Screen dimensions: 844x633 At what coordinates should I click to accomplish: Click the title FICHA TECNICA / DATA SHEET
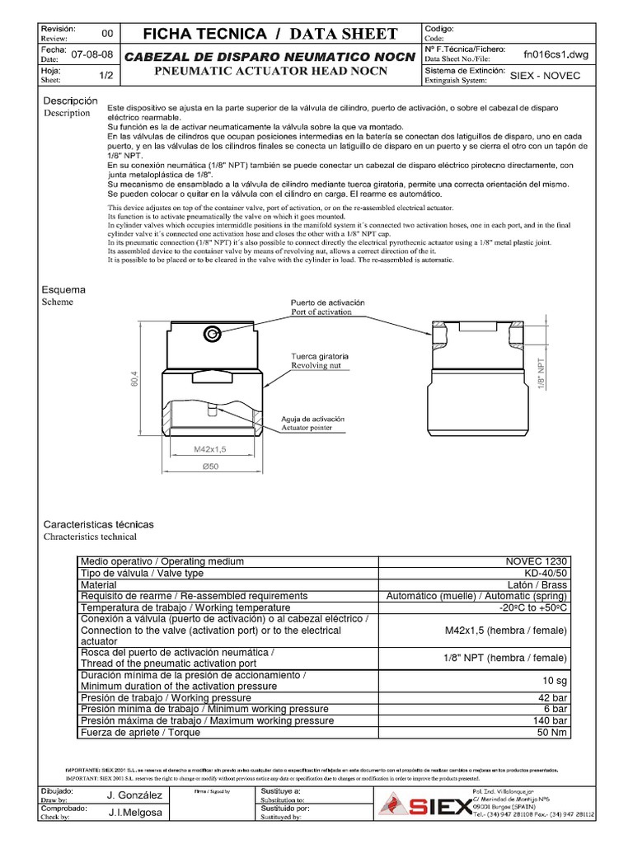[271, 34]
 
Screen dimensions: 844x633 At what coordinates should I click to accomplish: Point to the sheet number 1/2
[105, 75]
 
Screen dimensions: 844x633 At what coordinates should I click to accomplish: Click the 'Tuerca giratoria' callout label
[319, 356]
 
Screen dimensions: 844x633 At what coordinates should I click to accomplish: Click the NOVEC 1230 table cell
[537, 561]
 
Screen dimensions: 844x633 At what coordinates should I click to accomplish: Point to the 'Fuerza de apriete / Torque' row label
[142, 732]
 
